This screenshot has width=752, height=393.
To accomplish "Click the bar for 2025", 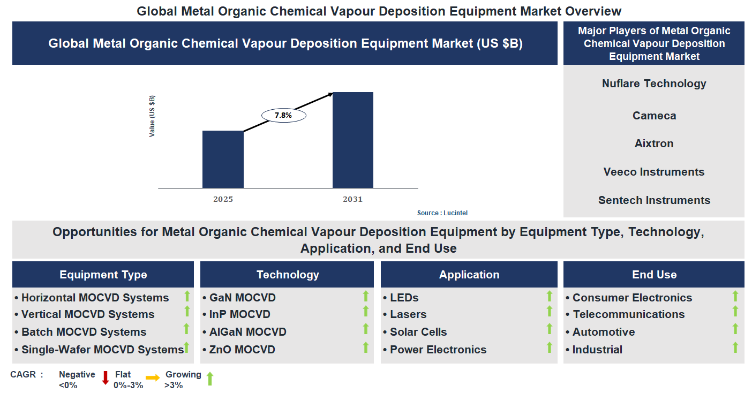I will pos(223,159).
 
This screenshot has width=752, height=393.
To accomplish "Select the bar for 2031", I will pos(352,140).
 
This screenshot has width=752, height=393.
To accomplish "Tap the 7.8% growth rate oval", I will pos(283,115).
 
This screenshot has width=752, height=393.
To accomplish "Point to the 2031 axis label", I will pos(352,199).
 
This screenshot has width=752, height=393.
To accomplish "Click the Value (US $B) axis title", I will pos(152,116).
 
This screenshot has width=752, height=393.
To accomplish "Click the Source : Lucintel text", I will pos(442,213).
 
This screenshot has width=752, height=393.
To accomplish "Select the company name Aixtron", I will pos(653,143).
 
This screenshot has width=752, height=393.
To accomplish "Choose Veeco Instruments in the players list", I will pos(653,172).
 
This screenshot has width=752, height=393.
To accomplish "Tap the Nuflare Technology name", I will pos(653,84).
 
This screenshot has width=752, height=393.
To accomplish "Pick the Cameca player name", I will pos(653,116).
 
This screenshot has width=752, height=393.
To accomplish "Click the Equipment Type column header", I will pos(103,275).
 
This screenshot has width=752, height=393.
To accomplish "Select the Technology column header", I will pos(287,275).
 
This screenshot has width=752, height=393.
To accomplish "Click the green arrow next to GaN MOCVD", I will pos(366,296).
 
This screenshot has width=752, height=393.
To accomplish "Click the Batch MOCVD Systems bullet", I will pos(84,332).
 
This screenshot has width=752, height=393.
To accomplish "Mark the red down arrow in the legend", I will pos(106,378).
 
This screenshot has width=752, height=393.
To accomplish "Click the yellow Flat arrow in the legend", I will pos(153,378).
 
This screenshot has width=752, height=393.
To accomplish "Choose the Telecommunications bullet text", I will pos(628,314).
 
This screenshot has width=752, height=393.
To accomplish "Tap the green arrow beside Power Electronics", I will pos(549,347).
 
